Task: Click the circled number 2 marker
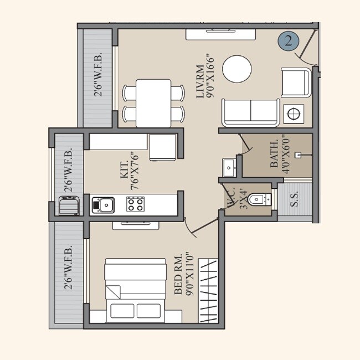[x=288, y=40]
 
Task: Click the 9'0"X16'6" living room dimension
[x=209, y=74]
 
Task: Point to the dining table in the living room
[x=153, y=102]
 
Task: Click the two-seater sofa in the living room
[x=250, y=112]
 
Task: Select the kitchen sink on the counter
[x=103, y=205]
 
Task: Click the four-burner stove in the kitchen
[x=135, y=205]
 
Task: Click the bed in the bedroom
[x=136, y=288]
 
